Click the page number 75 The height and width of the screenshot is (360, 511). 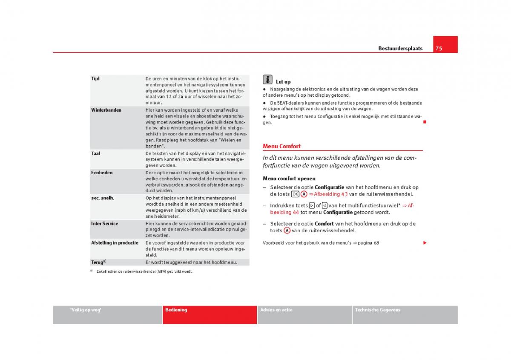click(439, 49)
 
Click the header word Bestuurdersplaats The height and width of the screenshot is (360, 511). click(400, 49)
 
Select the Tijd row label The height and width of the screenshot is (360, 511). click(95, 79)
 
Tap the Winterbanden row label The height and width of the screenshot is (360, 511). click(106, 110)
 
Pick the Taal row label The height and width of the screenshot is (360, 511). click(96, 153)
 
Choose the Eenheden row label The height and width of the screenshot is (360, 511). click(102, 173)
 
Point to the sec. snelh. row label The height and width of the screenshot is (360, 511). click(103, 198)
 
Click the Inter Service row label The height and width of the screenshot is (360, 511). click(105, 223)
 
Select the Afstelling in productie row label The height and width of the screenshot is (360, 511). click(115, 243)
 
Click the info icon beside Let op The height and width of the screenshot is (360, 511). click(267, 80)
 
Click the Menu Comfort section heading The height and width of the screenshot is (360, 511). click(281, 146)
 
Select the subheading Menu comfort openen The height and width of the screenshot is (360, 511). click(289, 179)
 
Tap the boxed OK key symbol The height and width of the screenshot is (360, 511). click(295, 194)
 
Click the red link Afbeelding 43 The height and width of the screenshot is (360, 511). click(331, 194)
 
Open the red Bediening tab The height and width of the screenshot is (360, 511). click(176, 310)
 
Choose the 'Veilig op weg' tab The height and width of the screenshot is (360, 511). click(86, 310)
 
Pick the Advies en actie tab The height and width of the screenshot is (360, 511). click(276, 310)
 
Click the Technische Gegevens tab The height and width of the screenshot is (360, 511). click(378, 310)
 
